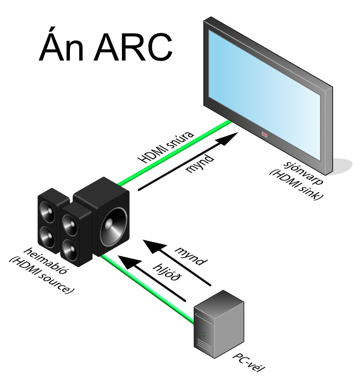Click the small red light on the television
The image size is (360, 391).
coord(265,135)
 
